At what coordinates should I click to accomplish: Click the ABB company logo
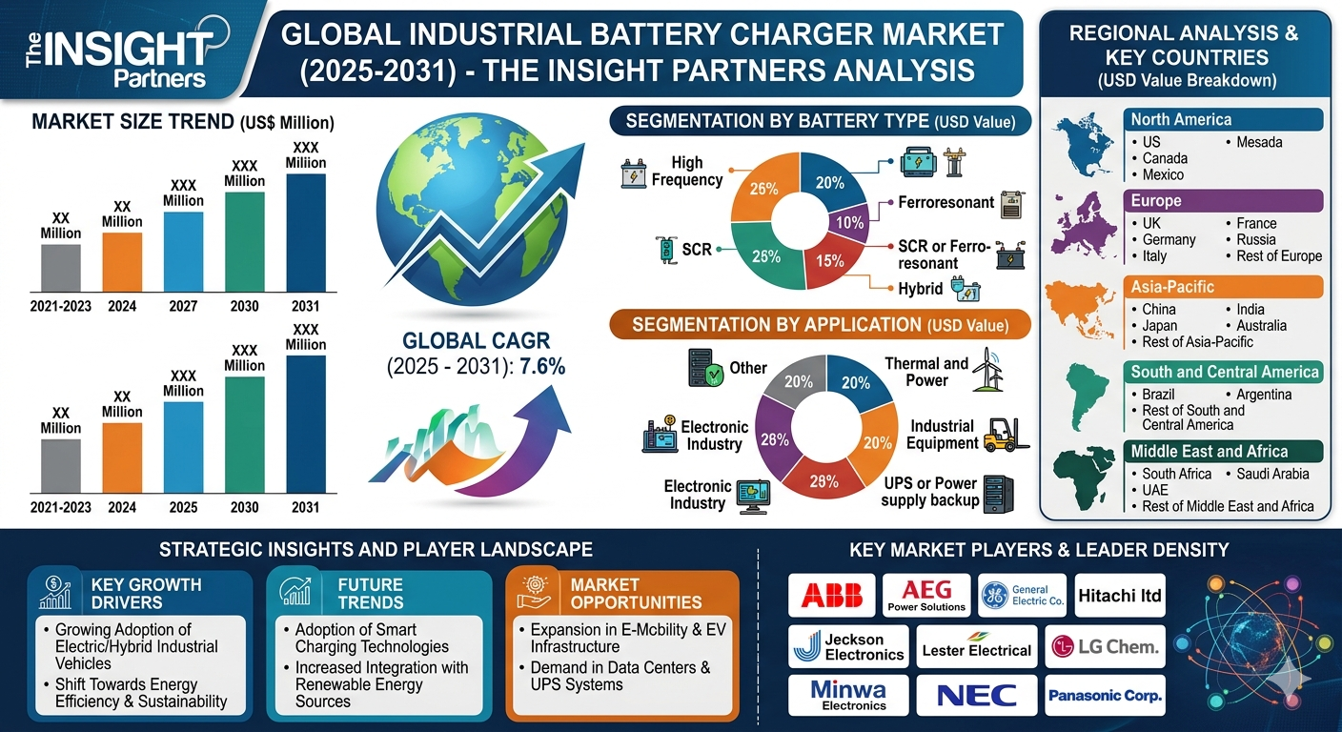(x=831, y=595)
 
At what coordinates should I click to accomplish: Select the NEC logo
(x=976, y=695)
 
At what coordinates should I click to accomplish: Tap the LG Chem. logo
(x=1106, y=648)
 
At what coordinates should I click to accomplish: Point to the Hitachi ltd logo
(x=1120, y=596)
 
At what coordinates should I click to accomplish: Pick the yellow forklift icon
(x=1000, y=435)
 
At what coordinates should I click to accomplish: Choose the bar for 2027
(x=183, y=251)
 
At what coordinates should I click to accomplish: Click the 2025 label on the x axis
(x=183, y=507)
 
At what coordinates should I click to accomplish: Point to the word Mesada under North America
(x=1259, y=142)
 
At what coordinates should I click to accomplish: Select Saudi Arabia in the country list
(x=1272, y=474)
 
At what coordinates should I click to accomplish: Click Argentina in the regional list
(x=1264, y=394)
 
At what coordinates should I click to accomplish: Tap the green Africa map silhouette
(x=1084, y=477)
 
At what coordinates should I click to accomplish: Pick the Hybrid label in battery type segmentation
(x=920, y=288)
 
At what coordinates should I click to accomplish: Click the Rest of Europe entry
(x=1273, y=255)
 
